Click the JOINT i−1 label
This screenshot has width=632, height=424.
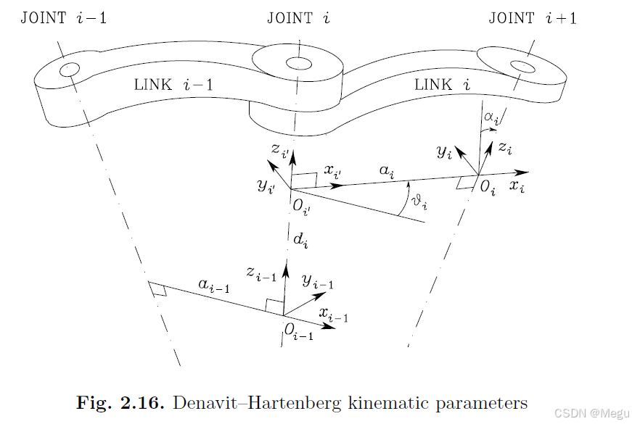pyautogui.click(x=64, y=17)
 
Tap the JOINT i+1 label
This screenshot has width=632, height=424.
pyautogui.click(x=533, y=17)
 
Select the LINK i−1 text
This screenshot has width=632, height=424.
pyautogui.click(x=173, y=84)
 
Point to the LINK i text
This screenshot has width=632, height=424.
pyautogui.click(x=442, y=85)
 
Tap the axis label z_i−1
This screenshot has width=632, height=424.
pyautogui.click(x=260, y=273)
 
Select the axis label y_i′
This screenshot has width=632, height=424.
pyautogui.click(x=266, y=186)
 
